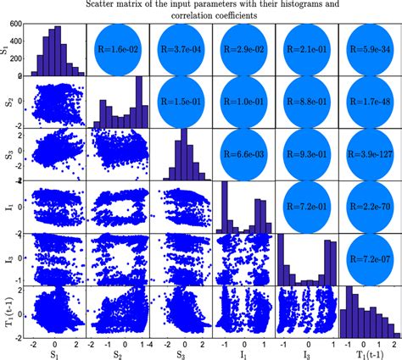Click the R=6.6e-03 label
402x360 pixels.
point(243,154)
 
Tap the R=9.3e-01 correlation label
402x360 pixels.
point(307,154)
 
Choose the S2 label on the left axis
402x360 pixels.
point(6,102)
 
